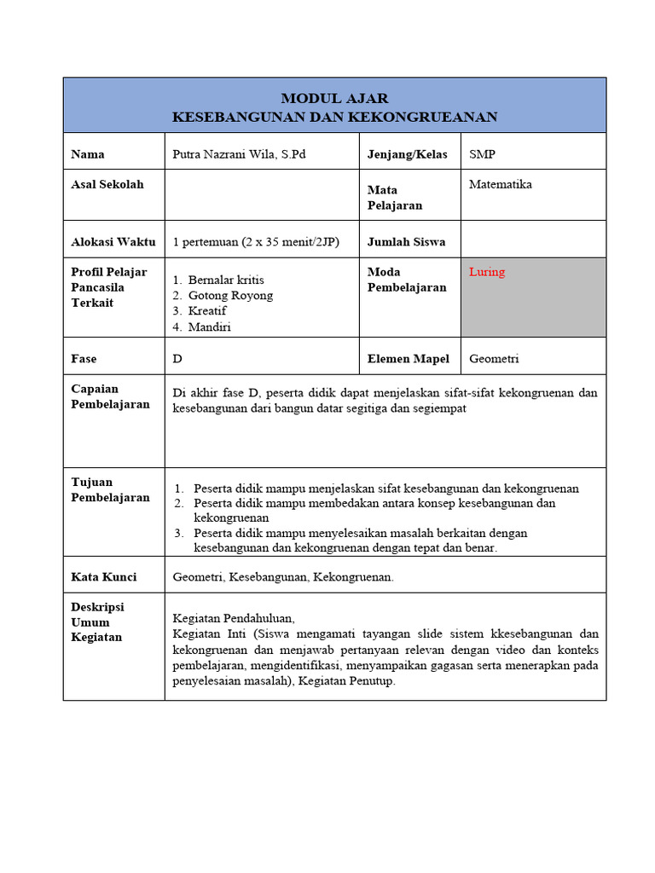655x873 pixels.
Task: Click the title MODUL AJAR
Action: pos(334,98)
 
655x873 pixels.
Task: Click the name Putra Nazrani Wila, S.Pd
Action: pos(238,154)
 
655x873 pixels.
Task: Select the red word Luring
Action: pos(486,272)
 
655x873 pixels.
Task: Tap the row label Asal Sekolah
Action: pos(107,184)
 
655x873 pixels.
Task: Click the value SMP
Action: pos(482,154)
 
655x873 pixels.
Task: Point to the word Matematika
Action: pos(500,184)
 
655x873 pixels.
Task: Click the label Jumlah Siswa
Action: pos(406,241)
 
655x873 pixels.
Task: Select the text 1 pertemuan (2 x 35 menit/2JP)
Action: pos(256,241)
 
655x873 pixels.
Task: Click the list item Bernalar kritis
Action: pos(226,280)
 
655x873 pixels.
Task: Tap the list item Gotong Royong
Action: pos(230,295)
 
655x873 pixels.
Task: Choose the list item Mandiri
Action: pos(210,327)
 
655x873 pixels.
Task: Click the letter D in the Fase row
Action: pos(177,359)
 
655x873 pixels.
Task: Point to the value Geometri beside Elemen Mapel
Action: pos(494,359)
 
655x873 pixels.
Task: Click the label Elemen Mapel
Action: pos(408,359)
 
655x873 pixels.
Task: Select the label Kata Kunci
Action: pos(103,577)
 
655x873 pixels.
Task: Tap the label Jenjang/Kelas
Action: pos(407,154)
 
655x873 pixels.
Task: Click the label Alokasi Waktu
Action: pos(113,241)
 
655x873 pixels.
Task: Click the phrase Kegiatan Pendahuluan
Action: pos(233,618)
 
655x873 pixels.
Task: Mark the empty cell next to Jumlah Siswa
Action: pos(533,241)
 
